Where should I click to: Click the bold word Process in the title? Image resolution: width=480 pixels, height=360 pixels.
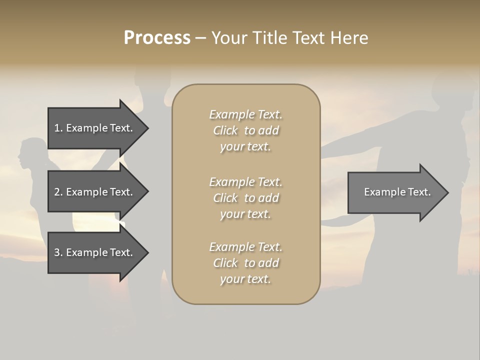tap(157, 38)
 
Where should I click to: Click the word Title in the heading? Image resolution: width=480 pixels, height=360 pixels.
tap(269, 38)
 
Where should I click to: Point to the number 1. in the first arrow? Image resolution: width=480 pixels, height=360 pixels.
tap(58, 128)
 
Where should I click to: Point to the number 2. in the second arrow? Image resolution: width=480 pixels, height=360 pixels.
tap(58, 192)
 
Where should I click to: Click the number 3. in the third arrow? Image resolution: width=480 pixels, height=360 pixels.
tap(58, 252)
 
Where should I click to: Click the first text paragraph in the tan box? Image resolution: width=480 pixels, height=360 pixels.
tap(245, 130)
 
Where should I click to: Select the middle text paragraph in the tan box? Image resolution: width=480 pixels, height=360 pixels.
tap(245, 197)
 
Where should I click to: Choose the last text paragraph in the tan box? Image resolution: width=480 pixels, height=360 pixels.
tap(245, 263)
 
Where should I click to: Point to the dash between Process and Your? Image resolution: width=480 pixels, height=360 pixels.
tap(200, 38)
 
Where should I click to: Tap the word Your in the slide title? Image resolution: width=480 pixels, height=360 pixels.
tap(230, 38)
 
